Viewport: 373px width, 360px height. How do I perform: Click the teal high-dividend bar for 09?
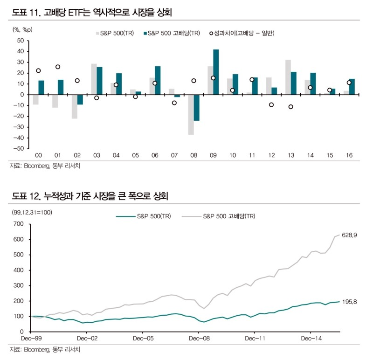(216, 72)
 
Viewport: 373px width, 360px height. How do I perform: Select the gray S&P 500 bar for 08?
(191, 115)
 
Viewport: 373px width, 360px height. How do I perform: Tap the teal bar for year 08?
(196, 108)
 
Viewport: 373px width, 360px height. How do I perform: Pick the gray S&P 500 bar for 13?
(288, 77)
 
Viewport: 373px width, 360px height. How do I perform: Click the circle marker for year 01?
(58, 67)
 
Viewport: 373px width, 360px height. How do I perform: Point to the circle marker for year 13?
(290, 107)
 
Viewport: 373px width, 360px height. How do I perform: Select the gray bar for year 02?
(74, 106)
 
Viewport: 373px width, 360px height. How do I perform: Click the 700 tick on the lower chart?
(17, 224)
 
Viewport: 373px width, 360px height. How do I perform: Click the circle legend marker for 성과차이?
(211, 33)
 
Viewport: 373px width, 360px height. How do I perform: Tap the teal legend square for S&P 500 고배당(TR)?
(145, 33)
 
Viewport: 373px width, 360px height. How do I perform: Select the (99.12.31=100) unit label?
(31, 213)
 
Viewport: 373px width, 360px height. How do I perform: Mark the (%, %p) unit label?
(22, 29)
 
